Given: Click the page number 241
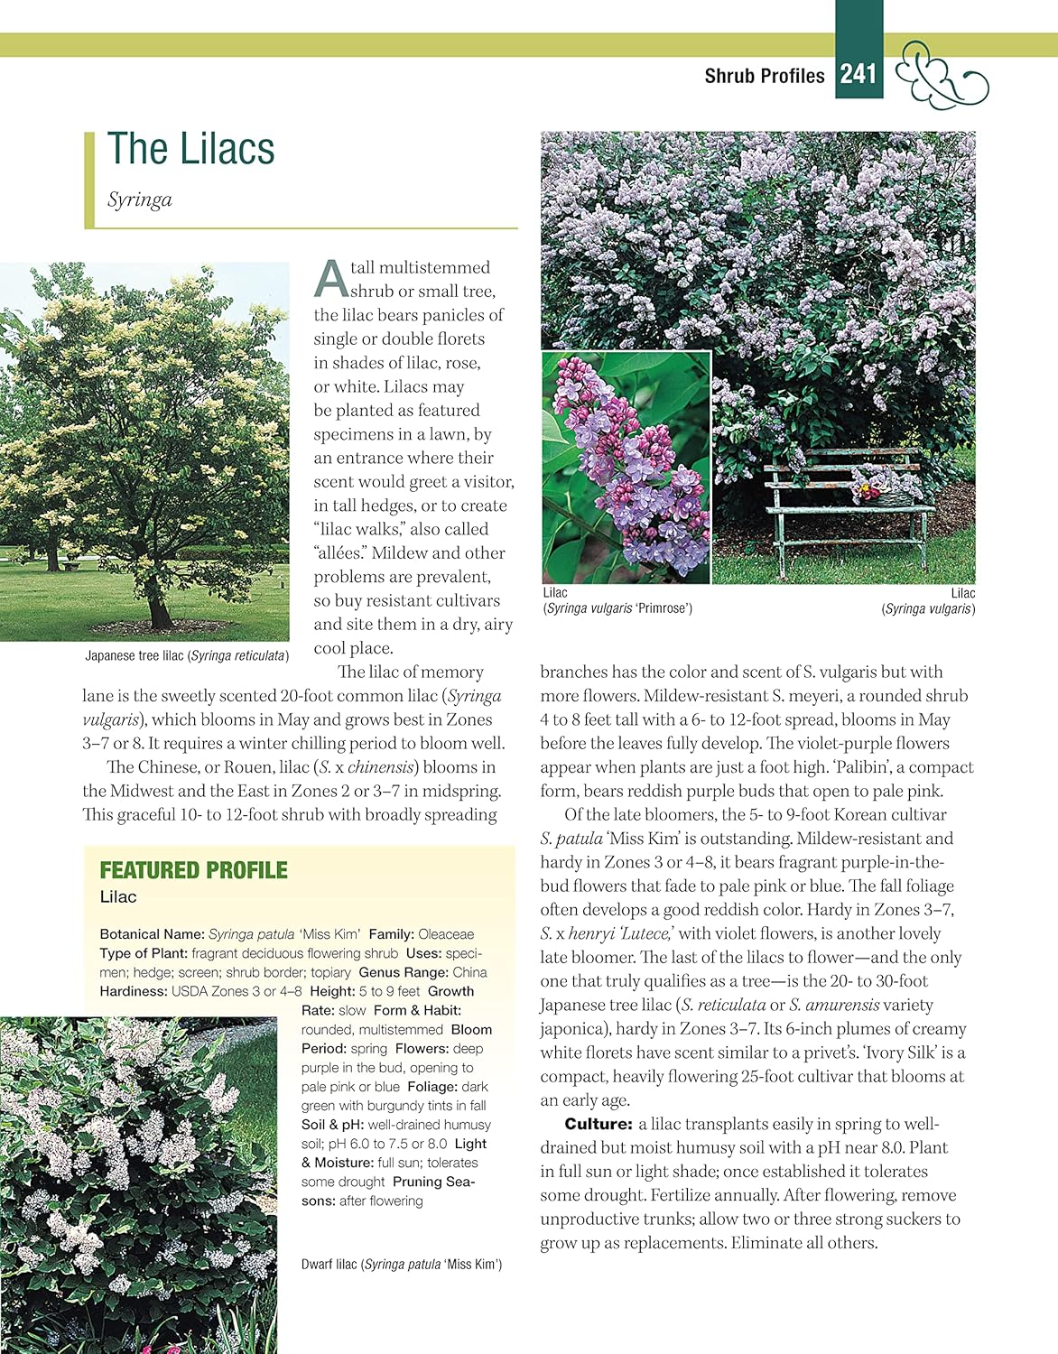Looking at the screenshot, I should (858, 73).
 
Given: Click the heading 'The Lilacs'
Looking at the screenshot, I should (190, 149).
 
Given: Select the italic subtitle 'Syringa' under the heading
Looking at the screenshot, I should (139, 199).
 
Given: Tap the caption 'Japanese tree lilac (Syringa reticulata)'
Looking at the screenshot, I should (187, 656).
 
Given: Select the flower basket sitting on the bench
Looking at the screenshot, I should (887, 488).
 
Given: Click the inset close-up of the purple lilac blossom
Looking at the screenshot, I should (626, 467).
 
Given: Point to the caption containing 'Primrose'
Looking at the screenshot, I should (617, 608).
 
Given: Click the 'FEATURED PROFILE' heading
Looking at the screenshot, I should (193, 870).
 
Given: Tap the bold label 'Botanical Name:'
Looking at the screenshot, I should (153, 934).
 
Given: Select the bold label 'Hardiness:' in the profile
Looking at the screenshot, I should (134, 991).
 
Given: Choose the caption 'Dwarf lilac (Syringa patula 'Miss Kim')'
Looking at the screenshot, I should (402, 1265).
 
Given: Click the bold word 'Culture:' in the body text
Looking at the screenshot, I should (598, 1124).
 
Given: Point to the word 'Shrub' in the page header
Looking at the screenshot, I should (730, 76).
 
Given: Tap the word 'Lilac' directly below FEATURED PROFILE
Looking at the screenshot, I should (118, 897).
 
